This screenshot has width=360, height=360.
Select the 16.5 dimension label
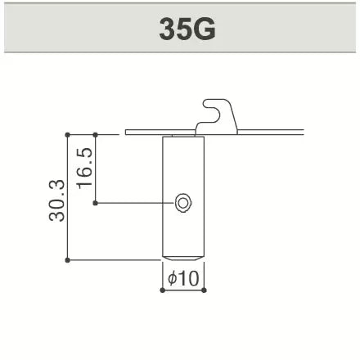pyautogui.click(x=84, y=168)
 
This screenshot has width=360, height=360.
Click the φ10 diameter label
pyautogui.click(x=183, y=278)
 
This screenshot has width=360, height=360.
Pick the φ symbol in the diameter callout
pyautogui.click(x=172, y=278)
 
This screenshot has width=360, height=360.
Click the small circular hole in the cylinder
pyautogui.click(x=183, y=202)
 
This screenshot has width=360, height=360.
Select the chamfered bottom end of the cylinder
pyautogui.click(x=183, y=257)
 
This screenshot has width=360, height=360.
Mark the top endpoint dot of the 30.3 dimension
pyautogui.click(x=68, y=133)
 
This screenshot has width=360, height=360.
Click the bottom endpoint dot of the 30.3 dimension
pyautogui.click(x=68, y=260)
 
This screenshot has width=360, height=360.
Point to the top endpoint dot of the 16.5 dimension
pyautogui.click(x=97, y=133)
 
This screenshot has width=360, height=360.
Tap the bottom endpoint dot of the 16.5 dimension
pyautogui.click(x=97, y=202)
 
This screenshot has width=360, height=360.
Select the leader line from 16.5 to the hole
pyautogui.click(x=135, y=202)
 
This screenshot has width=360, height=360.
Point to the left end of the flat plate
pyautogui.click(x=128, y=131)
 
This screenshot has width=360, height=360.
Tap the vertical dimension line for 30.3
pyautogui.click(x=68, y=196)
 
